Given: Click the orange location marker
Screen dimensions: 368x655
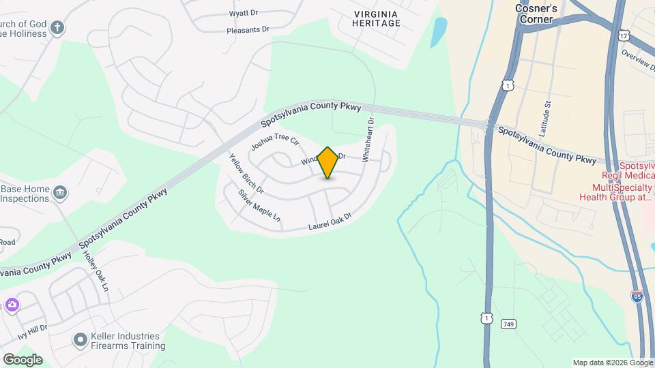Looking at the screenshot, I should [x=328, y=163].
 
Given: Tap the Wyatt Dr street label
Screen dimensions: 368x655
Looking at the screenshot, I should [x=243, y=13].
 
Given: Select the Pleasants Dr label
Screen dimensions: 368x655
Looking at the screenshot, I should [x=248, y=31].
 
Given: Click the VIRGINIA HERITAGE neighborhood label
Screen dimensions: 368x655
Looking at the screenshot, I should [x=376, y=18].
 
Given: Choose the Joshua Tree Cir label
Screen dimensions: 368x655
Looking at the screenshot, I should [x=275, y=142].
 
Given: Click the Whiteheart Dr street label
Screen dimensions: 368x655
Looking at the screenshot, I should [x=368, y=140].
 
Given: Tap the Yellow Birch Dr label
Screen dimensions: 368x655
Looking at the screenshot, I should [x=246, y=173].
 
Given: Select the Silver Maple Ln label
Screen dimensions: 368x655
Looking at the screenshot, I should [x=259, y=205].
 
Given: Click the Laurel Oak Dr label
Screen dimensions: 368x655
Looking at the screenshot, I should [x=330, y=221].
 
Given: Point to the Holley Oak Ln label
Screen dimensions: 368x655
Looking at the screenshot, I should [x=96, y=269].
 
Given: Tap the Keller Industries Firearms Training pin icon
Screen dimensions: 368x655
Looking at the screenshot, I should [x=80, y=339].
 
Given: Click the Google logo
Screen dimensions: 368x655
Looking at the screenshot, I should [x=23, y=359].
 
